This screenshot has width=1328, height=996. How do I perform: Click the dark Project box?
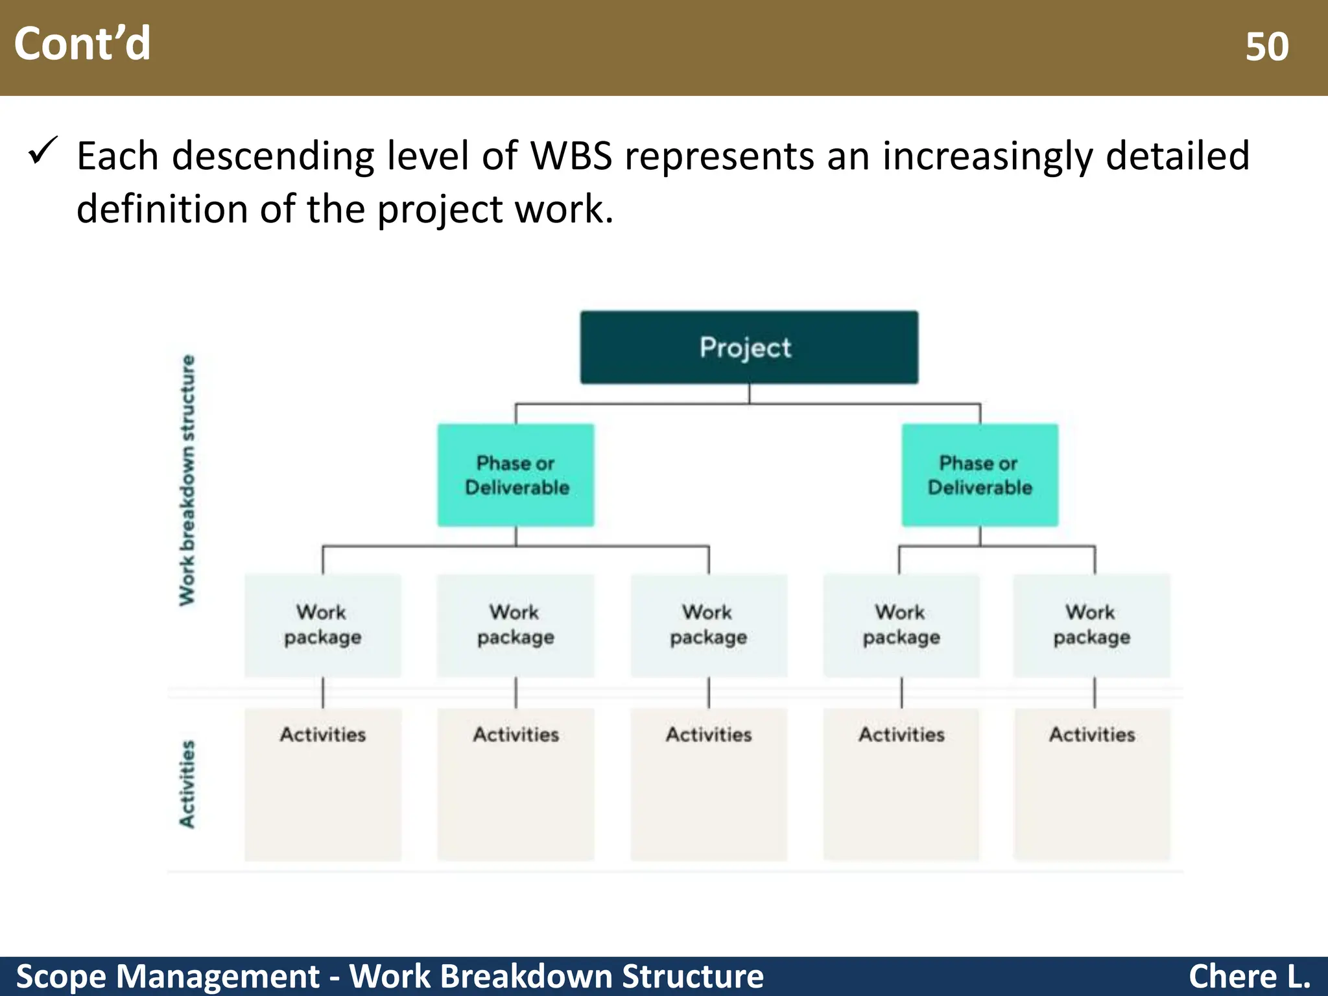[x=749, y=348]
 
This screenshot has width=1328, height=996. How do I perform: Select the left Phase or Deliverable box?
[x=516, y=475]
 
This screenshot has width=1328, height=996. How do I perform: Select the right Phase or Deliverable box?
[x=980, y=475]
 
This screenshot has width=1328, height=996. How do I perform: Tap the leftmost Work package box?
[x=322, y=625]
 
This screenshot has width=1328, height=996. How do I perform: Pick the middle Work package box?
[x=709, y=625]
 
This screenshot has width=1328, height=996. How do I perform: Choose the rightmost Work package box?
[x=1092, y=625]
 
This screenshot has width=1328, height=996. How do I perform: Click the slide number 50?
[x=1266, y=47]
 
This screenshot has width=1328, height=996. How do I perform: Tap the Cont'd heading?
[x=82, y=44]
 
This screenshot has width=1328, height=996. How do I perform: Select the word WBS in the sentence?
[x=571, y=156]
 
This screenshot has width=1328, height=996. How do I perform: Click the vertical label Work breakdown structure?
[x=187, y=480]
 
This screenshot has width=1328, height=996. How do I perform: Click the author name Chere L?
[x=1249, y=976]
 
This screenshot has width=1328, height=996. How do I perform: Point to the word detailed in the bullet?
[x=1177, y=156]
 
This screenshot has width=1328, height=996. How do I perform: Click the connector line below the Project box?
[x=749, y=394]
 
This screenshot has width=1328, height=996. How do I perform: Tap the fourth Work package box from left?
[x=901, y=625]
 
